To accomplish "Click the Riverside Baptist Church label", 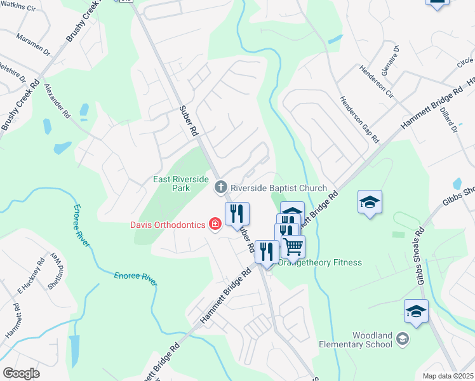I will click(278, 188).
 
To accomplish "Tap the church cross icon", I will click(221, 187).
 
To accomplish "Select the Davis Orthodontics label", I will click(168, 224).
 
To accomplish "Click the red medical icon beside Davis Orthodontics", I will click(215, 224).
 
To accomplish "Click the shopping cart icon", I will click(293, 246).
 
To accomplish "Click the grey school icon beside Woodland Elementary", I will click(401, 340).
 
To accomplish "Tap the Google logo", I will click(21, 373).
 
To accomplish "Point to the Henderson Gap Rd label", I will click(359, 119).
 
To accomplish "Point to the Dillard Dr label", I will click(447, 119).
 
